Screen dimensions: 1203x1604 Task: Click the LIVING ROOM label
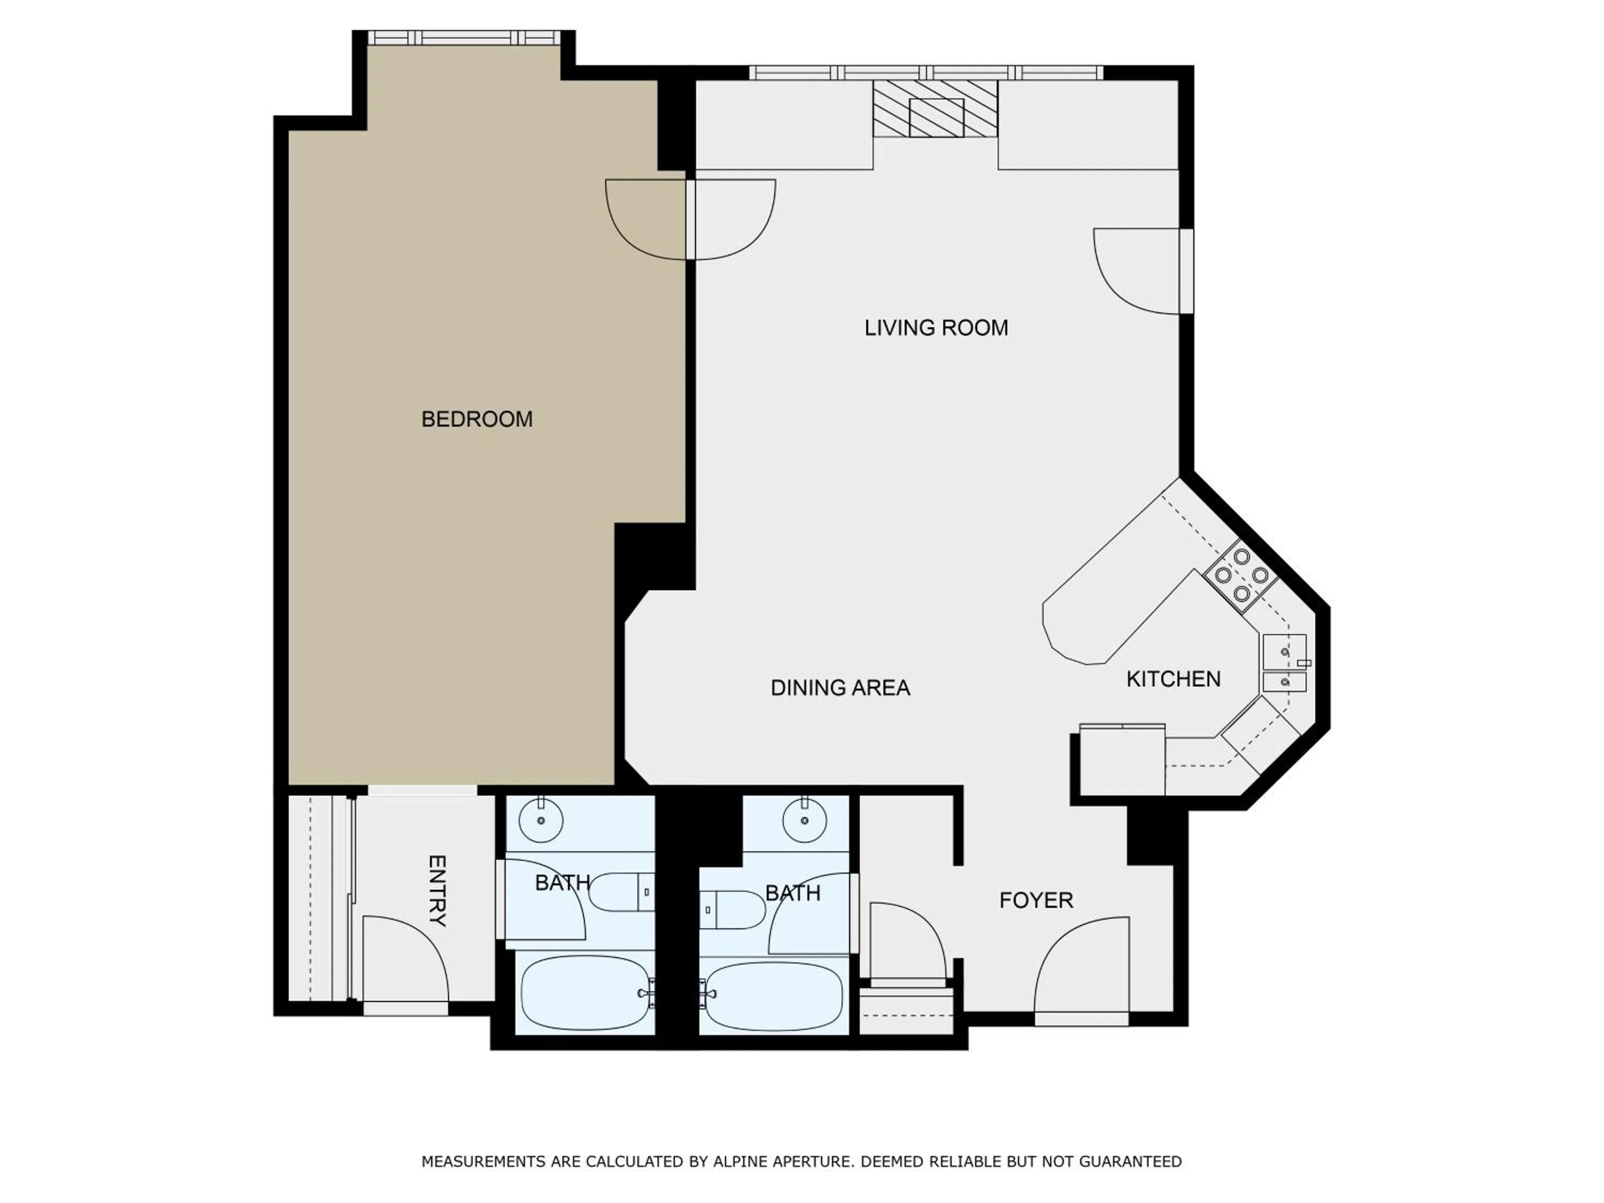[x=936, y=328]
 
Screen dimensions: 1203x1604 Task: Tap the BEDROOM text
[x=476, y=419]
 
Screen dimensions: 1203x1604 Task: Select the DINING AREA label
[x=840, y=688]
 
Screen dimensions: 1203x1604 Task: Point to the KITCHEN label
[x=1173, y=678]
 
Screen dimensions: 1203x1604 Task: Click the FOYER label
[x=1036, y=900]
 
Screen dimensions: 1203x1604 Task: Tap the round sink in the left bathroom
[x=541, y=820]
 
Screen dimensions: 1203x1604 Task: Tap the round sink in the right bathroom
[x=804, y=820]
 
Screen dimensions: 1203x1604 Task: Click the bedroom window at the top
[x=464, y=38]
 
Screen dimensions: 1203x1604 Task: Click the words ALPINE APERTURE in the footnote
[x=782, y=1161]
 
